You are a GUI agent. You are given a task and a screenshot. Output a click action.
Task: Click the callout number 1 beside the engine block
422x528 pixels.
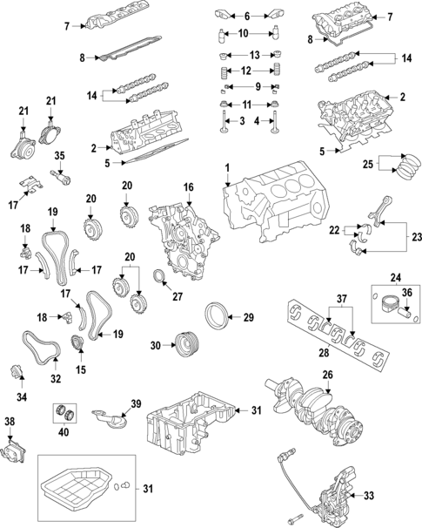point(226,167)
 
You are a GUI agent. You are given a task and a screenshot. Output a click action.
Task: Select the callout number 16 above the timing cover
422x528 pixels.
point(187,188)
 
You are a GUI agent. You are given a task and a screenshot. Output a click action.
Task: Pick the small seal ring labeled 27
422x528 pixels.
point(160,279)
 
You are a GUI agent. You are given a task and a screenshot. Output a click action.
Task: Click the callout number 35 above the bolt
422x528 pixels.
point(59,156)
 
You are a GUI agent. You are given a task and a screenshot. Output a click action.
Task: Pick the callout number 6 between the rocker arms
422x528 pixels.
point(247,16)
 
